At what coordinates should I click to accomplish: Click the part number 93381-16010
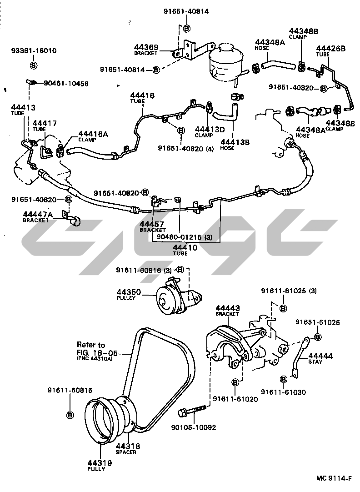(34, 50)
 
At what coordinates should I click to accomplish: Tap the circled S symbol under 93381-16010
(33, 65)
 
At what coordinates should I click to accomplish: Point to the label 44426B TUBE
(330, 50)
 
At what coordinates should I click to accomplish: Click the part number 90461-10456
(66, 84)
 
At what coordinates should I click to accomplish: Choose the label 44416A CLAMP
(93, 136)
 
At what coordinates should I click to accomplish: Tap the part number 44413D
(210, 129)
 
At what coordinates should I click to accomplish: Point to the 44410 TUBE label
(185, 250)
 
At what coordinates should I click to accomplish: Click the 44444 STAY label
(321, 358)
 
